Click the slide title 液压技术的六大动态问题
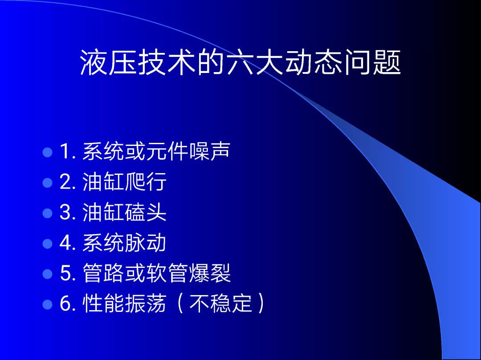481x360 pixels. pos(240,62)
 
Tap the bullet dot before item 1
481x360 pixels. pos(48,152)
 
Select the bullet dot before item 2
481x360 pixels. pos(48,182)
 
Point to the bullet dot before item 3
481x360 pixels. pos(48,213)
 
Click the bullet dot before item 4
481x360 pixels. pos(48,243)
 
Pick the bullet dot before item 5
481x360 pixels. pos(48,274)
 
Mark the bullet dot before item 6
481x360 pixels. pos(48,304)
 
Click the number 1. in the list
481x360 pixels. pos(68,151)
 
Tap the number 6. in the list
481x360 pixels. pos(68,303)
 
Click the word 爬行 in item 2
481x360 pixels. pos(146,182)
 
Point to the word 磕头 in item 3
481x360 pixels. pos(146,212)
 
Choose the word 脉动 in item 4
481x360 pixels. pos(146,243)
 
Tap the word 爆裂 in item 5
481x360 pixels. pos(210,273)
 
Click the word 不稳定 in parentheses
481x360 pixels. pos(220,303)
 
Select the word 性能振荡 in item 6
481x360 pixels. pos(124,303)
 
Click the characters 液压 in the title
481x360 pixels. pos(108,62)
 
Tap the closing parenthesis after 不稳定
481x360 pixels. pos(261,303)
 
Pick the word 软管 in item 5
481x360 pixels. pos(167,273)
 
